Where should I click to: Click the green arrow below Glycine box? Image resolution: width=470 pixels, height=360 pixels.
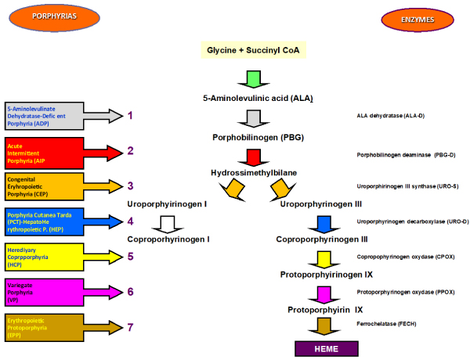[253, 80]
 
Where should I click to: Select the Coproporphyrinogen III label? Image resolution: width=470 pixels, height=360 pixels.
[321, 239]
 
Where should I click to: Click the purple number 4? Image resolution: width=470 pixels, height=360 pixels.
[132, 221]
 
